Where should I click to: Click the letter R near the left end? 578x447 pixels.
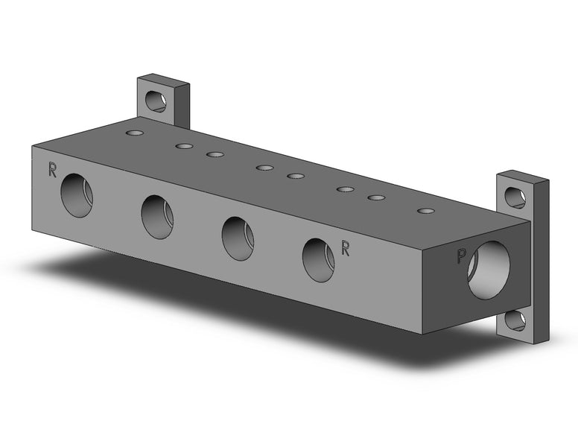(52, 170)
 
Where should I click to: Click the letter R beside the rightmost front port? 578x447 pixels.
(345, 249)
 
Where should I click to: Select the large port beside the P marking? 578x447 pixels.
(489, 270)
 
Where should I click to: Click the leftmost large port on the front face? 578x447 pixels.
(77, 195)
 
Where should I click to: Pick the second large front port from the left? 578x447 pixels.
(157, 217)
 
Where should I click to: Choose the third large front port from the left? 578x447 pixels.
(238, 238)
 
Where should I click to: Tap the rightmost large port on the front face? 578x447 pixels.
(318, 260)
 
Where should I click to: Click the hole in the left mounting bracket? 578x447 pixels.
(156, 100)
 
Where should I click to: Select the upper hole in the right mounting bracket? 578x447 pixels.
(515, 197)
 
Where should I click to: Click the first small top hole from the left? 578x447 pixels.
(135, 133)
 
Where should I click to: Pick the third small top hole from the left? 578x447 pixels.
(215, 154)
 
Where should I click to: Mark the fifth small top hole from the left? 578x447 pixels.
(296, 176)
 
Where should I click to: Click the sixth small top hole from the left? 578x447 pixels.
(345, 189)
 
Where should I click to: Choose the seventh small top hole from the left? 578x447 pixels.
(376, 198)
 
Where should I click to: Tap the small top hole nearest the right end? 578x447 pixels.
(425, 211)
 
